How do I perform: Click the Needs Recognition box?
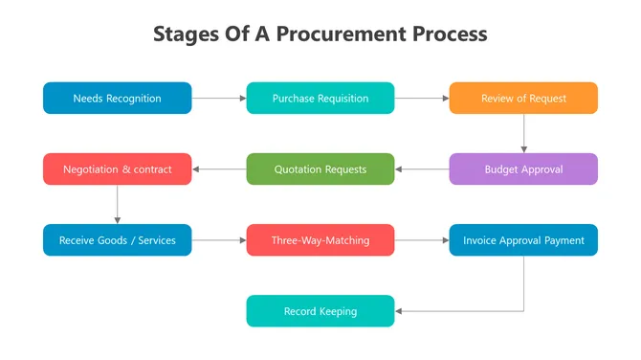tap(117, 98)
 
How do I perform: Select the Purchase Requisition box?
tap(320, 98)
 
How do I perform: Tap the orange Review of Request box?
tap(523, 98)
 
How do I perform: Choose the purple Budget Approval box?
tap(523, 169)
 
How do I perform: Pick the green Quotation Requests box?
tap(320, 169)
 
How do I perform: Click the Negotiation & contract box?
tap(117, 169)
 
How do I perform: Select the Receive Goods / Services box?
tap(117, 240)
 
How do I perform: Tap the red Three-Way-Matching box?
tap(320, 240)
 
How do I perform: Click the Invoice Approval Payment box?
tap(523, 240)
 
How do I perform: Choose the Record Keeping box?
tap(320, 311)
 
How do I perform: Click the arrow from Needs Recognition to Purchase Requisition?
tap(219, 98)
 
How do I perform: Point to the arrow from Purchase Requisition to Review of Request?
tap(422, 98)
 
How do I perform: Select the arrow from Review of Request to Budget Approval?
tap(523, 133)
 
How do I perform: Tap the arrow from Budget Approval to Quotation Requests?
tap(422, 169)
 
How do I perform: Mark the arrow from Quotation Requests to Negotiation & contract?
tap(219, 169)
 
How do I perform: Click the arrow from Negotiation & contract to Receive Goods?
tap(117, 205)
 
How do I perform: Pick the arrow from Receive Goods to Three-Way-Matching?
tap(219, 240)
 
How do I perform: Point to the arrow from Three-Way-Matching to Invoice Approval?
tap(422, 240)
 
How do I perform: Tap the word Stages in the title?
tap(186, 34)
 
